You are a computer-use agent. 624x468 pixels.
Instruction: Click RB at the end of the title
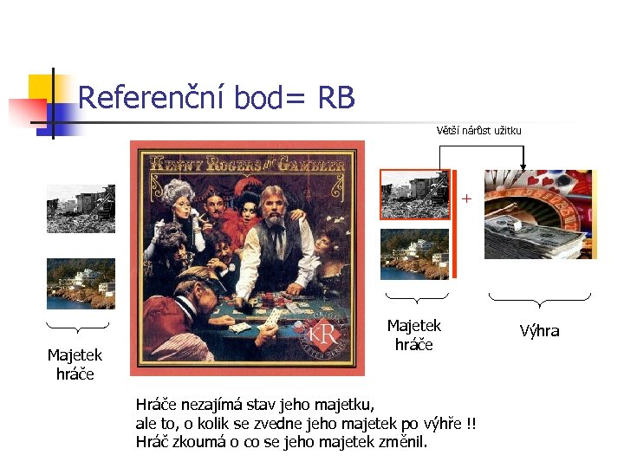point(336,98)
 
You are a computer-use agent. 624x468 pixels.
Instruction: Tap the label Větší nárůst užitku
point(479,130)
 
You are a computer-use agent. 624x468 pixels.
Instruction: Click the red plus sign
point(466,199)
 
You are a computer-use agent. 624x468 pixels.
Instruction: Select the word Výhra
point(539,331)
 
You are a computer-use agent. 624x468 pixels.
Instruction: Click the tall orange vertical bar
point(452,224)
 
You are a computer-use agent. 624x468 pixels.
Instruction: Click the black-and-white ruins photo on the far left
point(81,208)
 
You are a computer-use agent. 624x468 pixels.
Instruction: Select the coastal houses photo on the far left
point(81,283)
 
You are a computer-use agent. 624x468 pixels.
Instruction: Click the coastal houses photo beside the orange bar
point(414,254)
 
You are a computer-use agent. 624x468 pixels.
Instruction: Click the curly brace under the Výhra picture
point(539,301)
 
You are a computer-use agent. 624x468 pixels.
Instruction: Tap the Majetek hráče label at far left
point(75,364)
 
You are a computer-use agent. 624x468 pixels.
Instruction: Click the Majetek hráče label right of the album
point(413,335)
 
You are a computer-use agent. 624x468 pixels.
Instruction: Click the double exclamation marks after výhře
point(471,423)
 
